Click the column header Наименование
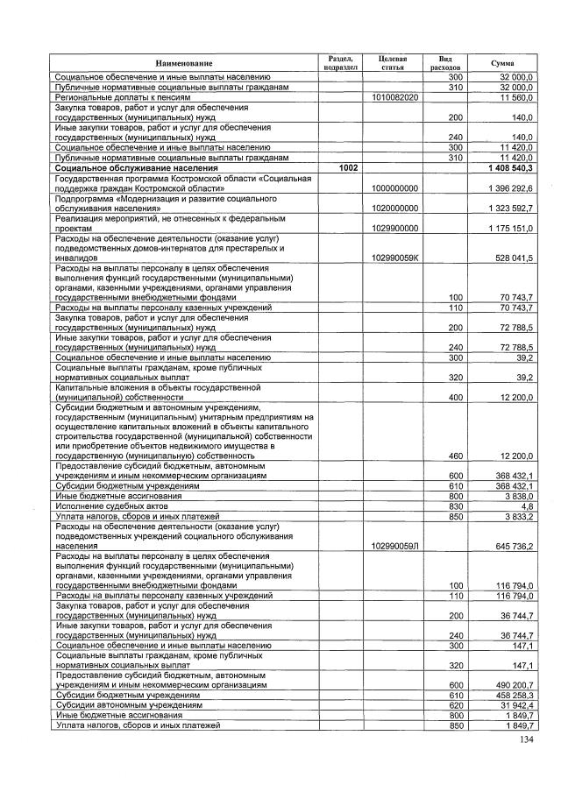click(x=184, y=63)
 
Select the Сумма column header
click(x=502, y=63)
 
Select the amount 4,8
click(x=526, y=506)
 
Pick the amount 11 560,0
click(x=518, y=97)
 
